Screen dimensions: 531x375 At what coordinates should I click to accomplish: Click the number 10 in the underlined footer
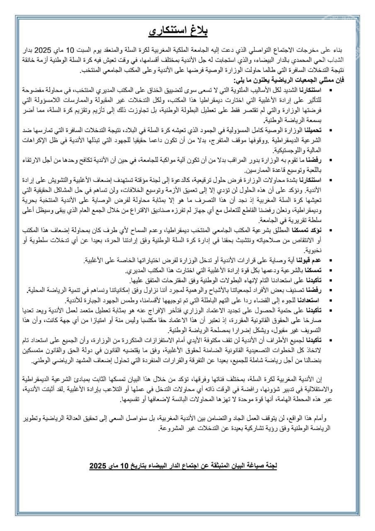[x=126, y=466]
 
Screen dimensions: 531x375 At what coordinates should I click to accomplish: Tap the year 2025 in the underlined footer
[x=98, y=466]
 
